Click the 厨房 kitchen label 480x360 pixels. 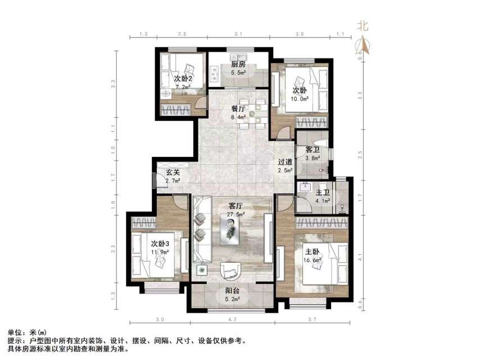pyautogui.click(x=238, y=64)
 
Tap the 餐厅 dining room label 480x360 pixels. pyautogui.click(x=238, y=109)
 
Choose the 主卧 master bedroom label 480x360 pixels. pyautogui.click(x=313, y=251)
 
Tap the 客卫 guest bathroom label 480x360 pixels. pyautogui.click(x=313, y=150)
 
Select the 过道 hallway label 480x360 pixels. pyautogui.click(x=285, y=163)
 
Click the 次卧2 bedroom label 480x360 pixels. pyautogui.click(x=183, y=79)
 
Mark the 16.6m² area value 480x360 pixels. pyautogui.click(x=313, y=260)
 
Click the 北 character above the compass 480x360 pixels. pyautogui.click(x=363, y=25)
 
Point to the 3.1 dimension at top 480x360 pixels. pyautogui.click(x=238, y=34)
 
